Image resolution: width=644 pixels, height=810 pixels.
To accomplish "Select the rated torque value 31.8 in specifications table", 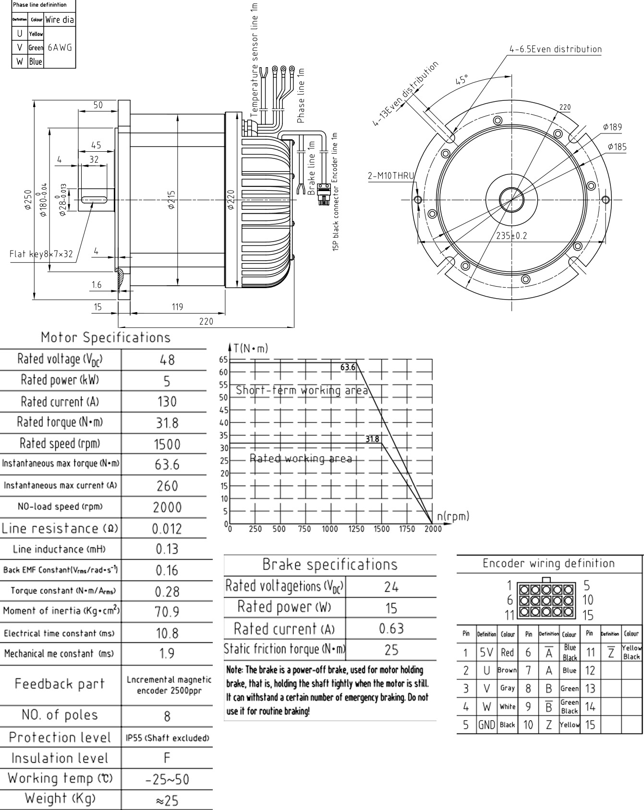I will tap(167, 423).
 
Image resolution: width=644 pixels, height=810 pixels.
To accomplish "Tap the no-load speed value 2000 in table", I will tap(167, 507).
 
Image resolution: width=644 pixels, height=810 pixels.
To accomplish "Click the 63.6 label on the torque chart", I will tap(348, 367).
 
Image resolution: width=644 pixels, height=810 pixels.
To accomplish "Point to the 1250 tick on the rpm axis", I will tap(356, 529).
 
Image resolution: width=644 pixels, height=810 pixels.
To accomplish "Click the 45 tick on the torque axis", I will tap(223, 410).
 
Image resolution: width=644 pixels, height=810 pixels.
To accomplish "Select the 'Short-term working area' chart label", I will tap(302, 390).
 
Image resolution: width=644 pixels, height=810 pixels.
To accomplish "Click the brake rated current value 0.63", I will tap(391, 628).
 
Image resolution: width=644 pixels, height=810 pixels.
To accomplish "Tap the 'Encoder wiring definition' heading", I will tap(548, 563).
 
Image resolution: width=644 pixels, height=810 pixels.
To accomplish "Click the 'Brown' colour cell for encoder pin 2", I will tap(507, 670).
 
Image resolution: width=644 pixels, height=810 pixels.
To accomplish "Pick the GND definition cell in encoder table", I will tap(486, 725).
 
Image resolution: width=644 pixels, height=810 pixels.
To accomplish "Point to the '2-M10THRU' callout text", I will tap(390, 176).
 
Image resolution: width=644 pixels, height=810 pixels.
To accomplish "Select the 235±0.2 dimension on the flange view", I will tap(511, 236).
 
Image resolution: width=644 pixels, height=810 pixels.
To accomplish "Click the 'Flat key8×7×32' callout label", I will tap(41, 254).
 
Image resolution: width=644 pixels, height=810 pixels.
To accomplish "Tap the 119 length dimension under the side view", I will tap(177, 306).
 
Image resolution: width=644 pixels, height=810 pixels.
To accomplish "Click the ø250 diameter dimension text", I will tap(28, 200).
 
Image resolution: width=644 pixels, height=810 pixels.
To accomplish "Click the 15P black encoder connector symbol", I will tap(322, 195).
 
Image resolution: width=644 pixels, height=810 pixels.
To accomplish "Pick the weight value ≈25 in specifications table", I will tap(167, 800).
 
